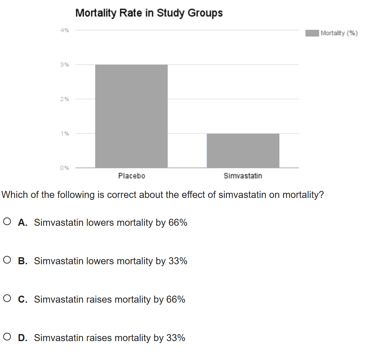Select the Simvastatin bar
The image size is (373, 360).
(x=243, y=151)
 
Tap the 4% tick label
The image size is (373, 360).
(x=64, y=30)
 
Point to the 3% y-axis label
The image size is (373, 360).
(x=64, y=64)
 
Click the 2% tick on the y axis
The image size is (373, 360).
(x=64, y=99)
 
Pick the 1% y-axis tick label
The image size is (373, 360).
(x=65, y=133)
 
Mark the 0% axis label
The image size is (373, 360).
(x=64, y=168)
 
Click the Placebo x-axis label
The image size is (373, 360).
(x=132, y=176)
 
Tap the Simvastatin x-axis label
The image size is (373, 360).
(x=243, y=176)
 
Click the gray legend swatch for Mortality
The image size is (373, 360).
(x=312, y=33)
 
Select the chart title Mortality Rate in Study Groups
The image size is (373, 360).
(x=149, y=13)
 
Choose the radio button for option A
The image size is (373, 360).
(x=7, y=222)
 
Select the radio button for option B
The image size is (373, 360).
(x=7, y=260)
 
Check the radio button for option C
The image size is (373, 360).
(x=7, y=299)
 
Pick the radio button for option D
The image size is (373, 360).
(x=7, y=337)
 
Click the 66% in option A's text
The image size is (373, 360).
(x=178, y=223)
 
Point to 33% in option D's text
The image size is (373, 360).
(x=176, y=338)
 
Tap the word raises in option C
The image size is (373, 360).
(x=99, y=299)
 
